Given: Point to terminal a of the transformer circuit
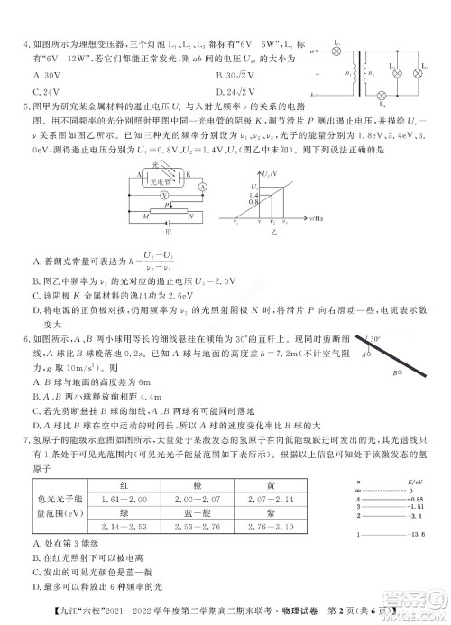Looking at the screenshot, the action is tap(314, 51).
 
